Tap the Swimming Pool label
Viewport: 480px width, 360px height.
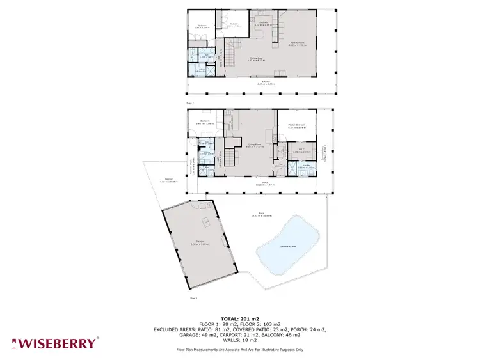click(288, 245)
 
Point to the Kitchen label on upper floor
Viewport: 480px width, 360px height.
click(262, 23)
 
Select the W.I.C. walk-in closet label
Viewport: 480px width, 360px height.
click(301, 151)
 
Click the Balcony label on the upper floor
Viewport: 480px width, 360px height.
click(257, 82)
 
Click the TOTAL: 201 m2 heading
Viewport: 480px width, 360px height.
click(240, 318)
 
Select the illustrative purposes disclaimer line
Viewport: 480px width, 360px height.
click(240, 350)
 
